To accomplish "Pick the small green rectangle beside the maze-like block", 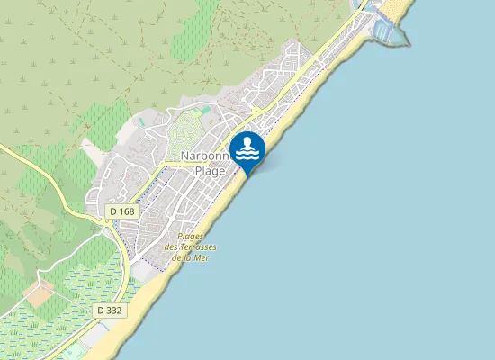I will pos(206,110).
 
